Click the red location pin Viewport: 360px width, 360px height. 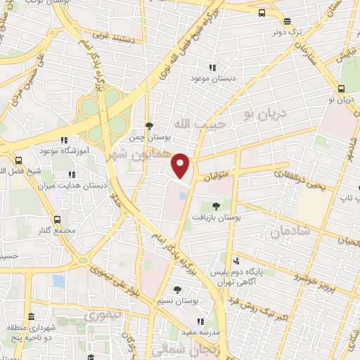coord(181,165)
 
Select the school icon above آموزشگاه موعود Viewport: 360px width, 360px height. coord(64,140)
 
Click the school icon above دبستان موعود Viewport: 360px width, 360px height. coord(212,67)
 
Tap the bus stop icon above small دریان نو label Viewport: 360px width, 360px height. coord(341,89)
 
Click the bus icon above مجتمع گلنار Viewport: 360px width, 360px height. coord(58,219)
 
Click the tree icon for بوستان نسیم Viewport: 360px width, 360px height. coord(177,289)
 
